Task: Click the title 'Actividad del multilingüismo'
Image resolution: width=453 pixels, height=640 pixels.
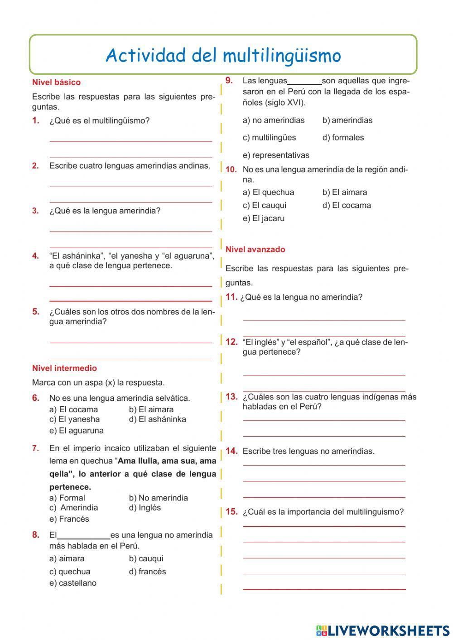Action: point(223,56)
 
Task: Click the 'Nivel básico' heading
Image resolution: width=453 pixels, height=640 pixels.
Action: point(56,82)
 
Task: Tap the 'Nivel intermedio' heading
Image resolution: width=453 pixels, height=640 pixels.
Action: point(64,368)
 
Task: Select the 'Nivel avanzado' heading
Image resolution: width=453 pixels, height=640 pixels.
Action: point(255,249)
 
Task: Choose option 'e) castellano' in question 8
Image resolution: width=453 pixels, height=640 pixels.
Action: point(73,583)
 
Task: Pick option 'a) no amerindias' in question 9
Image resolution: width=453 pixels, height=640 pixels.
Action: point(274,120)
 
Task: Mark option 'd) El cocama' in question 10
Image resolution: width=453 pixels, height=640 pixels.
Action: point(347,205)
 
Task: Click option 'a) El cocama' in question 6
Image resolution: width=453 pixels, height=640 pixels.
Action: point(73,409)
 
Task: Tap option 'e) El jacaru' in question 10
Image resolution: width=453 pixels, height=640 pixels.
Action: point(264,218)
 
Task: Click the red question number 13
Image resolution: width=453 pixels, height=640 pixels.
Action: point(231,397)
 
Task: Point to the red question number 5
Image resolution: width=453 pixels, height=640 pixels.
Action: point(36,312)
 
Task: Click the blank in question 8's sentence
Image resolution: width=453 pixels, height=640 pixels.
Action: point(84,535)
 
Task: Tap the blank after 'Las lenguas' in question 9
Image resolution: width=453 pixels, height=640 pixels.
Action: point(304,82)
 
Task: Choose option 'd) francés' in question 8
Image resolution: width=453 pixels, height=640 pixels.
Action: point(147,572)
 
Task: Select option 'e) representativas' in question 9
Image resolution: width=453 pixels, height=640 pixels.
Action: point(276,155)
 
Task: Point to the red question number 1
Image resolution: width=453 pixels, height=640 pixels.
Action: point(36,120)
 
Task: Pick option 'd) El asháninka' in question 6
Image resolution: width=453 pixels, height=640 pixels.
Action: point(157,419)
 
